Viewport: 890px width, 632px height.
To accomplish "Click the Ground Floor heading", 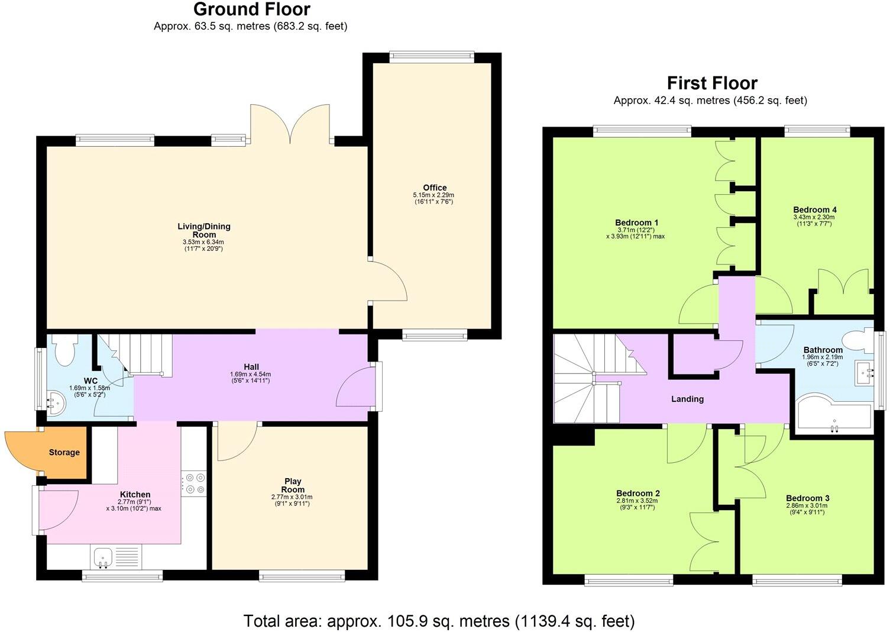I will [251, 10].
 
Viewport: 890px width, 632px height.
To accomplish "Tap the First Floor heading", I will [712, 83].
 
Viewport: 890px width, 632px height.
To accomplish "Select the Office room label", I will [434, 188].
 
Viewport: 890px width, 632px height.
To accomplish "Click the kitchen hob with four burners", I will [194, 483].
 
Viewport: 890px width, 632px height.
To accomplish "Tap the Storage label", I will [64, 453].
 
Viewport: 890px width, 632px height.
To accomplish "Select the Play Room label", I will [293, 485].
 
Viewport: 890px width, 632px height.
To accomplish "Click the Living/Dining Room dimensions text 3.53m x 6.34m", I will [203, 242].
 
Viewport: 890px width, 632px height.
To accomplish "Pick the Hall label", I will [251, 367].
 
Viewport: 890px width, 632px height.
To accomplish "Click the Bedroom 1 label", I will [636, 223].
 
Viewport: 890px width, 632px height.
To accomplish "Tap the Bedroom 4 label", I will [814, 209].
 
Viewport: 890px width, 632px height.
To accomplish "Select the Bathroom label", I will [823, 350].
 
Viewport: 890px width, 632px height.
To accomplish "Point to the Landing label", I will [687, 399].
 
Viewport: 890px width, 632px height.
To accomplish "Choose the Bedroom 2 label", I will [637, 494].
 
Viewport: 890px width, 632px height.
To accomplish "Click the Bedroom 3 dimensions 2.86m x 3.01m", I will [807, 506].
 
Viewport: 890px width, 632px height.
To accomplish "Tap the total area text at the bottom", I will [439, 621].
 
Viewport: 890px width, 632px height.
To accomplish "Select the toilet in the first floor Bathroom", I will [857, 341].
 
